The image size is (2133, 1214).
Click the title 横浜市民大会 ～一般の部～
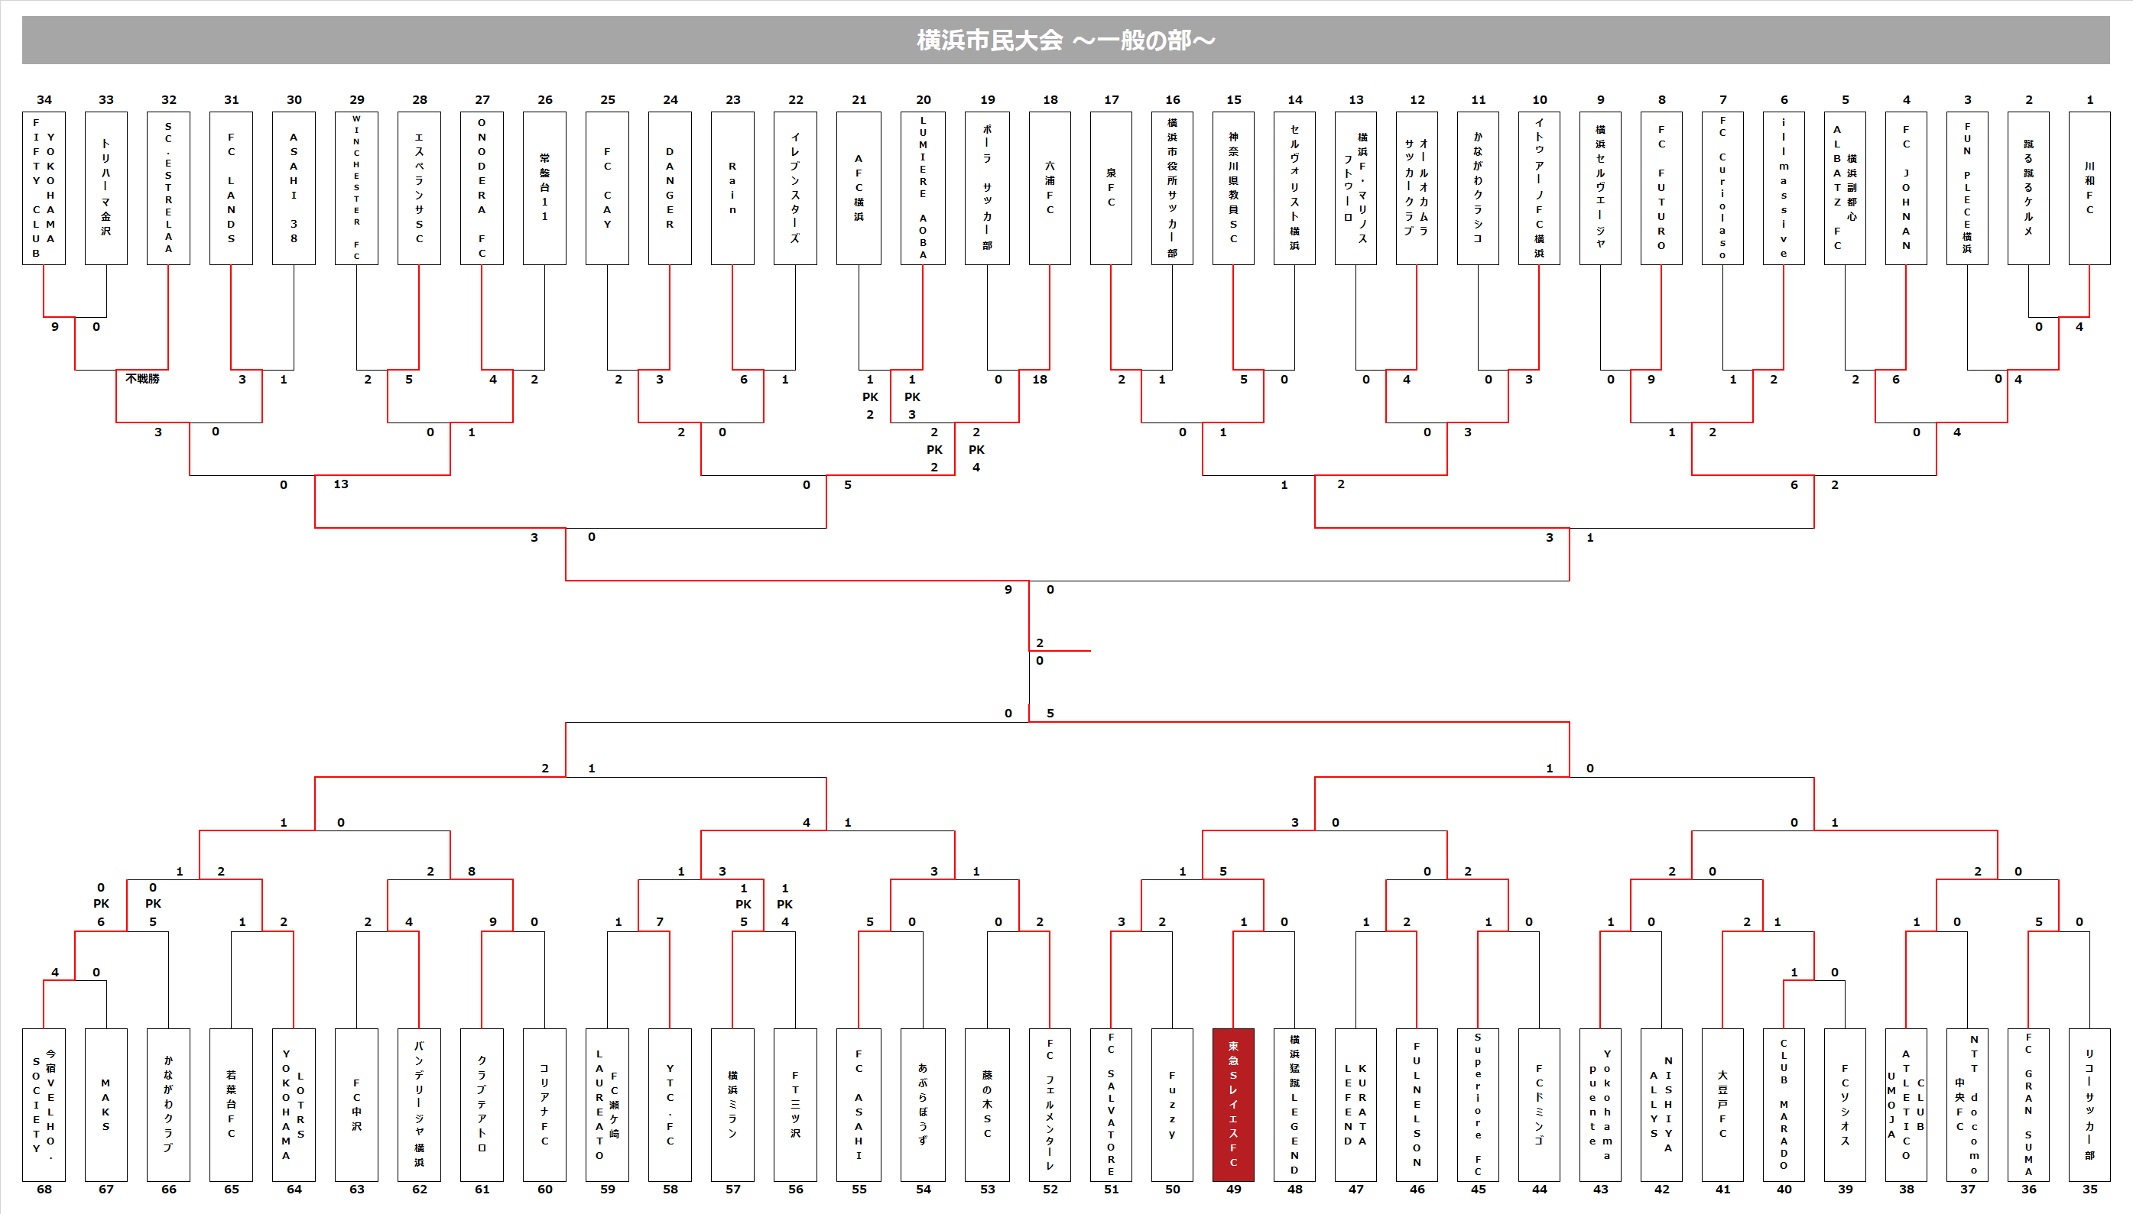1065,40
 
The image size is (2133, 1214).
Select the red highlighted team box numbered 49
1233,1104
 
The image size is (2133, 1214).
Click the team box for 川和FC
2089,189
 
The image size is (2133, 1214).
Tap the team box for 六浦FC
1050,189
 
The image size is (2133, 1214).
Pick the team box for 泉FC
1110,189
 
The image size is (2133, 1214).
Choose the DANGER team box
669,189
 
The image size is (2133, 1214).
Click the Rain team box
732,189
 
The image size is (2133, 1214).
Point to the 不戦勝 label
143,378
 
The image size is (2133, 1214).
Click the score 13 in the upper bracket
340,484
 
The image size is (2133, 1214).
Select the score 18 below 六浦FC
1040,380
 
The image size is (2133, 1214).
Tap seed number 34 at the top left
44,100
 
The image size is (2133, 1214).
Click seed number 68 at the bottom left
44,1189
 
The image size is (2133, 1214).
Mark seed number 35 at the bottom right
2089,1189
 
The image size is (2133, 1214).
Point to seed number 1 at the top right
2089,100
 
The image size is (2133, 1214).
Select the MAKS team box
106,1104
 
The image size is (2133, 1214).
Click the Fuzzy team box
1172,1104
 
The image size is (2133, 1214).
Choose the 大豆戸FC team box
1722,1104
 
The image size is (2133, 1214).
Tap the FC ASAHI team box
859,1104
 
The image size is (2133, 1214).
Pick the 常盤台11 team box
545,189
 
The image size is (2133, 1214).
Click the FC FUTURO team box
1661,189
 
